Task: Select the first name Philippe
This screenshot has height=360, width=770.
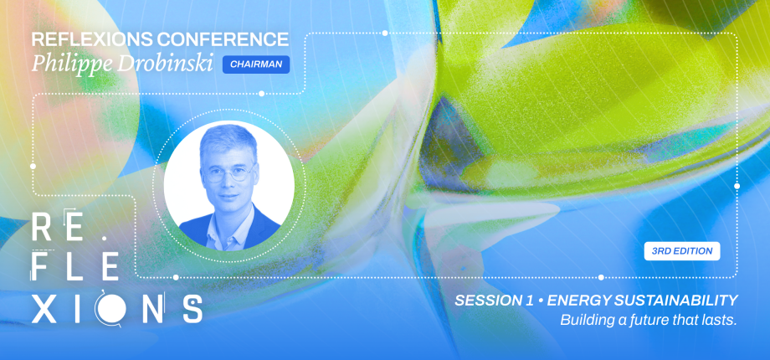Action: click(x=66, y=64)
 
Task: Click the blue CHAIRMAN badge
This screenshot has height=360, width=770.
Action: click(x=256, y=64)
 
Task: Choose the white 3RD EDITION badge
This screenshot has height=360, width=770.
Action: click(x=682, y=251)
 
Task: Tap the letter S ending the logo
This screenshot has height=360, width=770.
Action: click(x=191, y=308)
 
